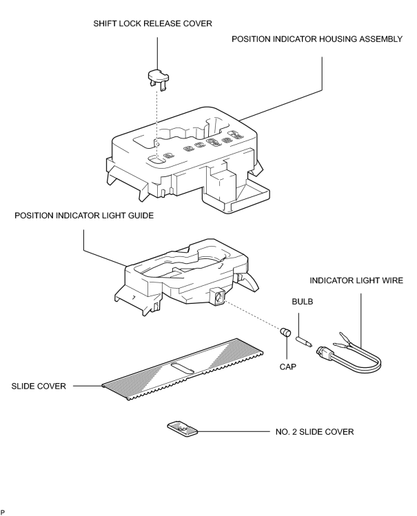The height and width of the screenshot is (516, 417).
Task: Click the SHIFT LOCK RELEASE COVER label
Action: point(153,23)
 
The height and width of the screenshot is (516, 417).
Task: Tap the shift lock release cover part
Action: point(158,79)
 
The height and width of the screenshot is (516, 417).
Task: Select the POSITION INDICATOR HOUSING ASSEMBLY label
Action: point(317,39)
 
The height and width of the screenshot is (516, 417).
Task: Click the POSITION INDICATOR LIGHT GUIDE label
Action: point(84,216)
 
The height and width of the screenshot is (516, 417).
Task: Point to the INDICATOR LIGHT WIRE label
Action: point(356,280)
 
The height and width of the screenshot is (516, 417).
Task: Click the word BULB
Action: point(303,302)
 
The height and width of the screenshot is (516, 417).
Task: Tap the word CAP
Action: point(288,367)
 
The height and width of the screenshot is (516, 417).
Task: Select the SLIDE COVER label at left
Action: point(39,386)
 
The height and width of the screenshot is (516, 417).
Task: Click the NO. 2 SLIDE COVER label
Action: point(314,432)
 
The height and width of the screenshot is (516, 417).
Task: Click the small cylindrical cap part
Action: point(285,332)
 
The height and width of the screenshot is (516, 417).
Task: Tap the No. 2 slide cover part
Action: point(183,429)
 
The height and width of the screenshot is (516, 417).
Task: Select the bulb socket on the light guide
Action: point(217,296)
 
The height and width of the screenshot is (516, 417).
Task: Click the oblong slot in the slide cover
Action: point(183,369)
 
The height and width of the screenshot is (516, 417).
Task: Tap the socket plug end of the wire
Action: point(323,353)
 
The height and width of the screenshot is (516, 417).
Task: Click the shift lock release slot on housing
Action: point(156,160)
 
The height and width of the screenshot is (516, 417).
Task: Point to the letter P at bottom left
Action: point(2,513)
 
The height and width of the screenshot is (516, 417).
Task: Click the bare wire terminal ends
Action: point(343,340)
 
